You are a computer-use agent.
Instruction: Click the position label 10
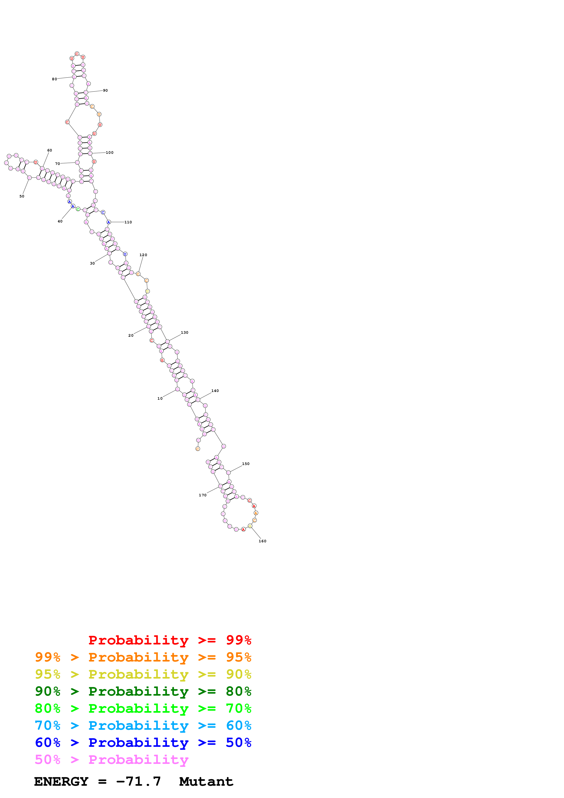point(160,398)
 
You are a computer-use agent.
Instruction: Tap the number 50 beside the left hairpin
point(22,196)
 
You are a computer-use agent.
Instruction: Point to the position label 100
point(110,153)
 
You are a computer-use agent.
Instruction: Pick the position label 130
point(185,333)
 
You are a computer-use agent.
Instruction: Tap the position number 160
point(262,541)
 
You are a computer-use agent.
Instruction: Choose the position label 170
point(202,495)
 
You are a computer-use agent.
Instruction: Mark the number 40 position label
point(60,221)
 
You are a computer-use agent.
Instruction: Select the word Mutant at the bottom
point(206,782)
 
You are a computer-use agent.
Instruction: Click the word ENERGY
point(61,782)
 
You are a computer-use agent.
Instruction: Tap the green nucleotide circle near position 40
point(78,209)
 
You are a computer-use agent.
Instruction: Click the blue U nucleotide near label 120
point(125,254)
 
